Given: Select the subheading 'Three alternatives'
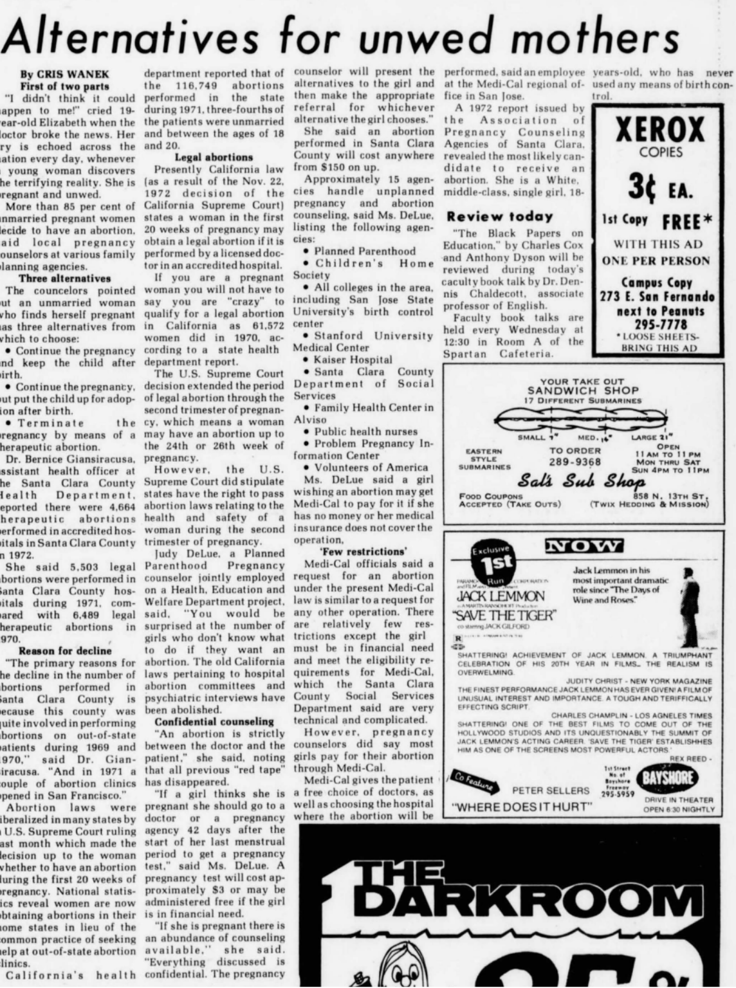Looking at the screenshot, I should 64,279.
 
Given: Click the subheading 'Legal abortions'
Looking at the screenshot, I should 214,157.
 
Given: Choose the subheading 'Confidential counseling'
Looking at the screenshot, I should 214,722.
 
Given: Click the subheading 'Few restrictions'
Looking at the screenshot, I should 363,551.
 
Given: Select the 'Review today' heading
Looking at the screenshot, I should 500,216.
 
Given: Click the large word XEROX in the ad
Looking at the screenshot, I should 660,131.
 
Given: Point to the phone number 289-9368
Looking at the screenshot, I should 575,462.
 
